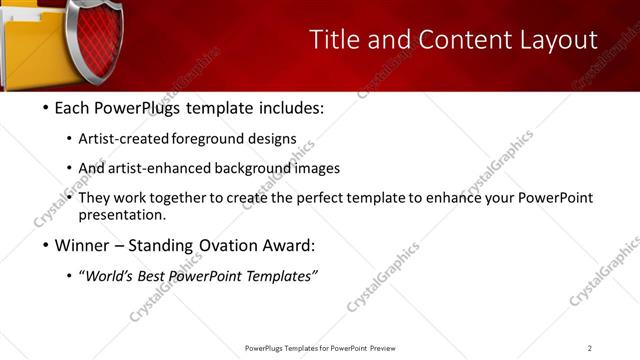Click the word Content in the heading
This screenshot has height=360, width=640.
click(445, 39)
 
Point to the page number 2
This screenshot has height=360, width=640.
click(590, 348)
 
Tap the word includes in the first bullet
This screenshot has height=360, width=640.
click(291, 107)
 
